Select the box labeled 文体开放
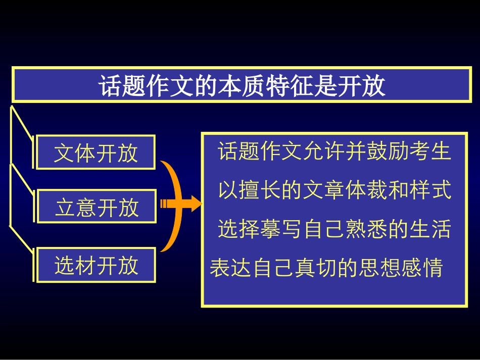tap(95, 152)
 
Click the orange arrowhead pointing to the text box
tap(195, 204)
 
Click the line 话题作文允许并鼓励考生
tap(334, 151)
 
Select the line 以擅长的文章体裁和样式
tap(334, 190)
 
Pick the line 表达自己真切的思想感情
tap(326, 268)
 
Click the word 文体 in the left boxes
tap(75, 152)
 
